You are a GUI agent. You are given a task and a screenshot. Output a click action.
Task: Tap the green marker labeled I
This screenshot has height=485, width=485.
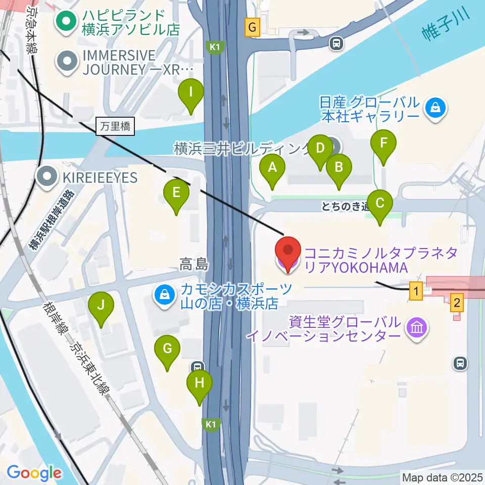(191, 92)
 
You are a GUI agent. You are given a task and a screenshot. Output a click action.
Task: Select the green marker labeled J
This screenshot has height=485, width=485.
(101, 306)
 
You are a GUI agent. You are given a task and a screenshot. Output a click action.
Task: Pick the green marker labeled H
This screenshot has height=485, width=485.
(200, 383)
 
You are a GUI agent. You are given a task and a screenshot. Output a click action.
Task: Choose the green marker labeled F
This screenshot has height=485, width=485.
(383, 143)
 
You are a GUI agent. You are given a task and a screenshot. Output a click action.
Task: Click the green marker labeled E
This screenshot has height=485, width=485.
(176, 193)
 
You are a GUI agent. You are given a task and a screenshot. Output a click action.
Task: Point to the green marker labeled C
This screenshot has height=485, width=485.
(380, 204)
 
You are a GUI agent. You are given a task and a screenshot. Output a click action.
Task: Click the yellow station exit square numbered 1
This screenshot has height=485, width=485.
(416, 290)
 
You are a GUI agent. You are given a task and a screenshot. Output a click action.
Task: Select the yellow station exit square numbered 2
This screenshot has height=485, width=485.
(457, 303)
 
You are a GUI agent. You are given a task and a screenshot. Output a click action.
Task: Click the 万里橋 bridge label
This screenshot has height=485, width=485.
(115, 126)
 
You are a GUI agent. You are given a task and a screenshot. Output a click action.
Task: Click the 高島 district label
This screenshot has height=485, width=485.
(194, 264)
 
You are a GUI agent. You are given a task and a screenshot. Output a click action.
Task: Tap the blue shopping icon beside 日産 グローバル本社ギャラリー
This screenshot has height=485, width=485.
(434, 107)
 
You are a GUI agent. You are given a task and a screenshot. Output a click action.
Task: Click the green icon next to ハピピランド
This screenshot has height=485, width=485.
(66, 21)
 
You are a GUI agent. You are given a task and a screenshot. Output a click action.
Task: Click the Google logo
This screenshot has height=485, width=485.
(34, 473)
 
